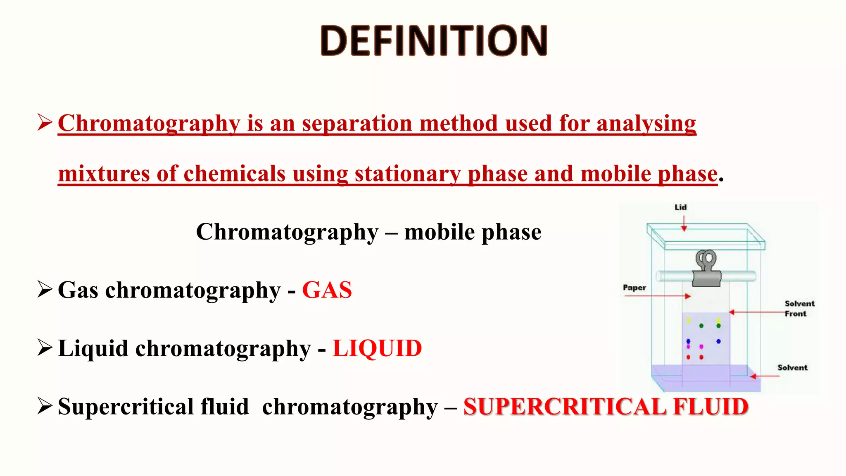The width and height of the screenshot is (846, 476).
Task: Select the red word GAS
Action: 327,290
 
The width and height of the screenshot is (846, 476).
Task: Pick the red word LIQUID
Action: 377,348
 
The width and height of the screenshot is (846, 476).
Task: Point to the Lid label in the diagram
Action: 680,207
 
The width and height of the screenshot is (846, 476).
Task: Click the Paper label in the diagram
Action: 634,288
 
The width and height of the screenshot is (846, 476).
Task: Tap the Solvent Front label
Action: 799,308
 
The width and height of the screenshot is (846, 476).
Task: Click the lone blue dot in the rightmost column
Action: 719,341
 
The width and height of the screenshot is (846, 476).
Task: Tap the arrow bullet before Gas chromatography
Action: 45,289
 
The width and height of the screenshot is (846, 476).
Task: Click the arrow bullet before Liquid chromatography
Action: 45,347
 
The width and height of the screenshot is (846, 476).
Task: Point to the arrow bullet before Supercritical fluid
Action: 45,406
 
